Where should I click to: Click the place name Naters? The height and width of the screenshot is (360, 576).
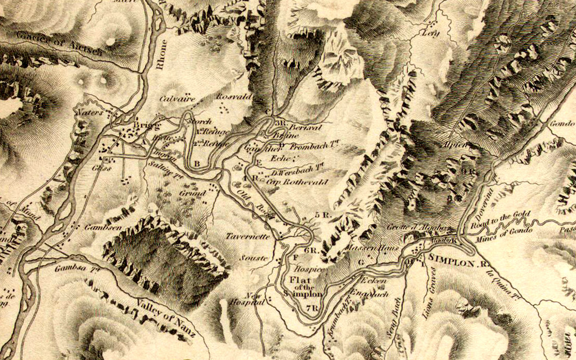click(x=85, y=112)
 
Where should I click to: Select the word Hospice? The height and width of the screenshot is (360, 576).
click(x=309, y=269)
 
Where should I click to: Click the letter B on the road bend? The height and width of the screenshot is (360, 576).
click(x=196, y=164)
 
